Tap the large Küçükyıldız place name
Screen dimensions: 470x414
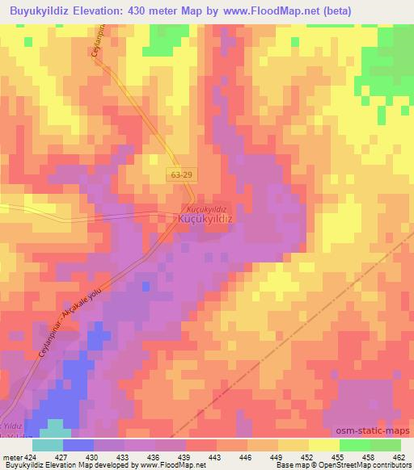point(205,219)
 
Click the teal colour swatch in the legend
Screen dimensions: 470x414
point(48,445)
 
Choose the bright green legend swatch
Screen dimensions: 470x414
point(354,445)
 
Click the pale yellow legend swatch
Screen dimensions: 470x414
point(323,445)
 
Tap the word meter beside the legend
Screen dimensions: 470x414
point(12,457)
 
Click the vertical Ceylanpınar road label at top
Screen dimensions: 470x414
point(103,49)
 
